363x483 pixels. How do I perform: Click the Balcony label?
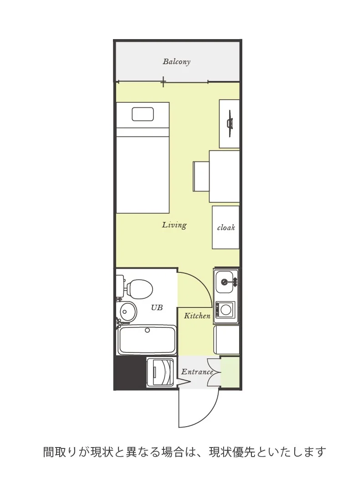[176, 61]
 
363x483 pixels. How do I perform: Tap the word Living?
[174, 225]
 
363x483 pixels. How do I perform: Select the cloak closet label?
[226, 228]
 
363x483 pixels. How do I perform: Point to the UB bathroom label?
[157, 307]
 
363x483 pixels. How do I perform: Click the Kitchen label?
[197, 316]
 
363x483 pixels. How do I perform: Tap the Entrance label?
[197, 372]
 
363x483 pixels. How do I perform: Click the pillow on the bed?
[143, 114]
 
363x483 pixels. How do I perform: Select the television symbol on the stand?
[230, 123]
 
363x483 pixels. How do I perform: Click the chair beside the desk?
[201, 176]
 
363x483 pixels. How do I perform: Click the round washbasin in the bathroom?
[128, 312]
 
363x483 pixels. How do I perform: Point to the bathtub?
[147, 340]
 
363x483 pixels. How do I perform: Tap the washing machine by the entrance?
[161, 372]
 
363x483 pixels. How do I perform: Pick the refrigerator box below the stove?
[226, 340]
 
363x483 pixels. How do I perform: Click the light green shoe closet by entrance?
[230, 372]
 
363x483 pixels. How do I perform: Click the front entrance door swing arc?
[207, 418]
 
